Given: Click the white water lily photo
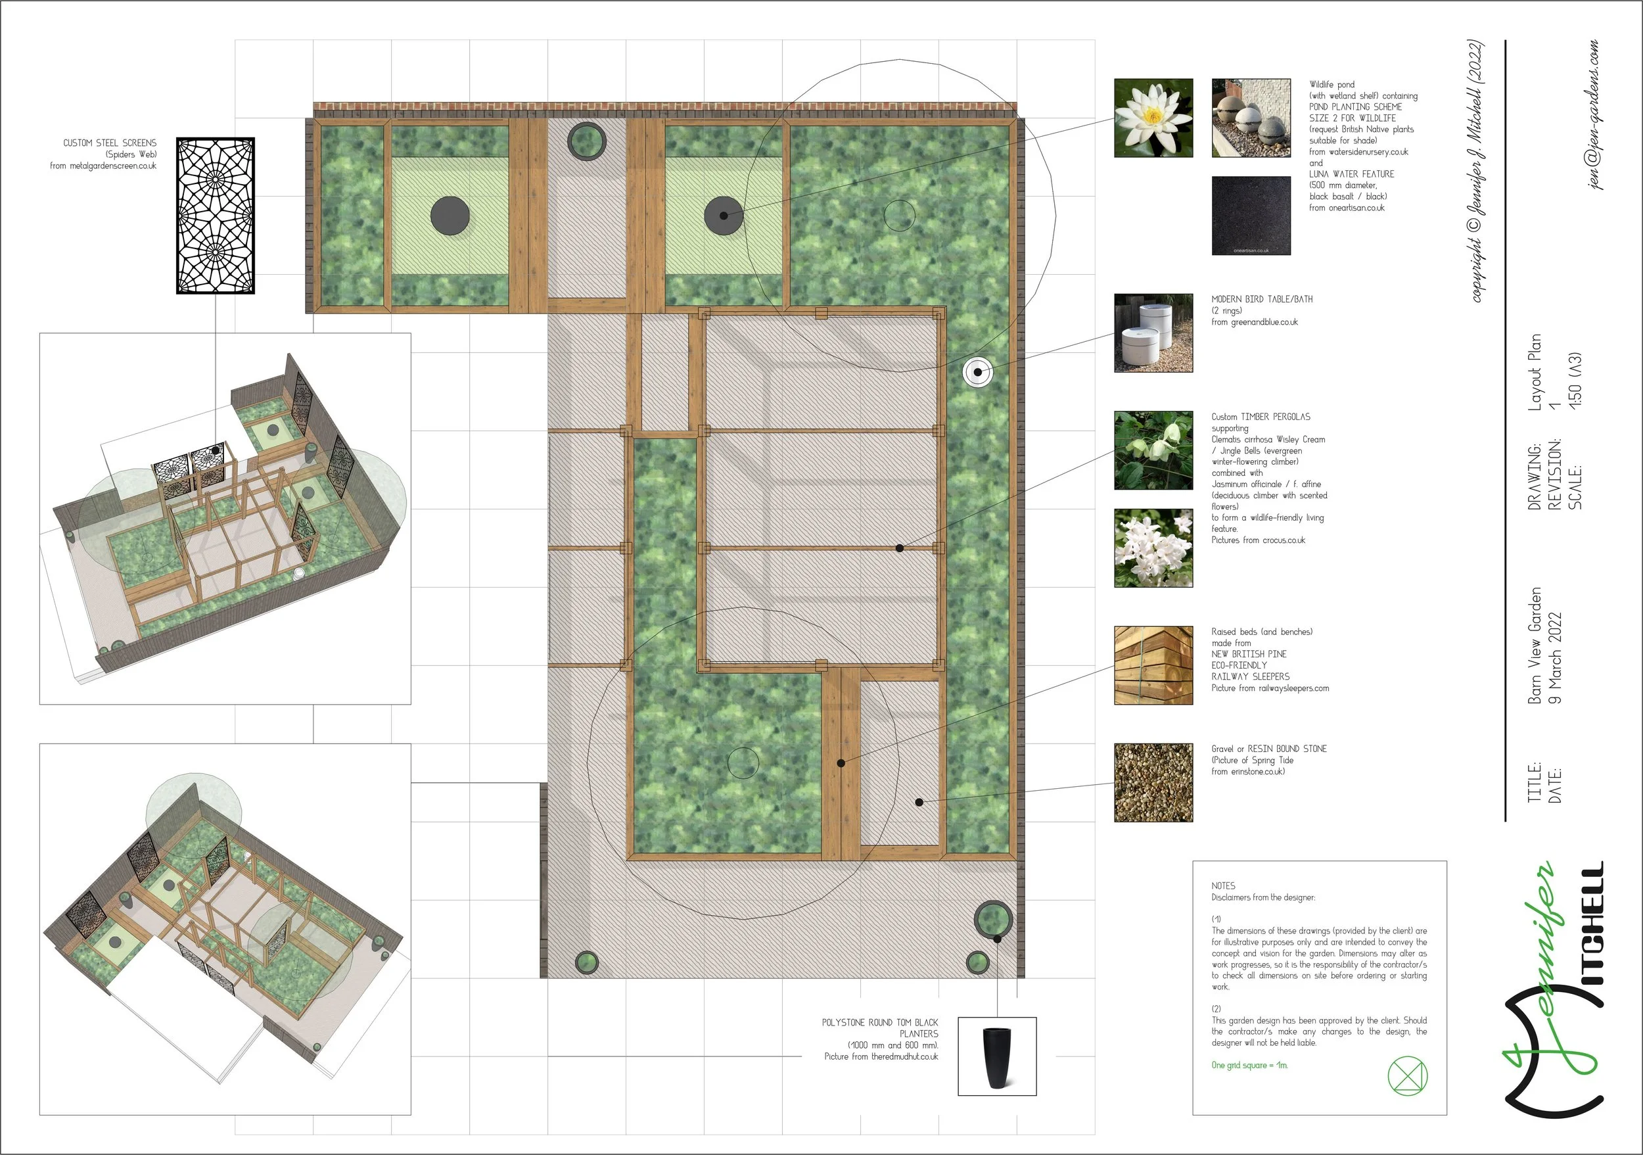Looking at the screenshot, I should coord(1153,118).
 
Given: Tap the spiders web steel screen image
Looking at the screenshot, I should coord(216,216).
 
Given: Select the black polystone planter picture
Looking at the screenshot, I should coord(997,1056).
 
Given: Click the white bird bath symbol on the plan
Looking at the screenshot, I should coord(977,372).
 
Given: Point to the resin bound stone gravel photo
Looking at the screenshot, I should coord(1153,782).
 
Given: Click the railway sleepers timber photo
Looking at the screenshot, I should coord(1153,665).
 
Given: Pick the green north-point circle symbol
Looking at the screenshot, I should coord(1408,1076).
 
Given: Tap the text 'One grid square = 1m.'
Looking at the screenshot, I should coord(1249,1066).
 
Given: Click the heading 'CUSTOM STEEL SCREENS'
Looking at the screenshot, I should coord(110,143).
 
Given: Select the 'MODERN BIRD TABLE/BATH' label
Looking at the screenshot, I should coord(1262,299).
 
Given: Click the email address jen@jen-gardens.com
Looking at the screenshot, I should coord(1594,114).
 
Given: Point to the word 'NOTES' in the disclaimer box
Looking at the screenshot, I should coord(1223,886).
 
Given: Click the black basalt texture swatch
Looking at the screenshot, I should coord(1251,216).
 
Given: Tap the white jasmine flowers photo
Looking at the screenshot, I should coord(1153,548).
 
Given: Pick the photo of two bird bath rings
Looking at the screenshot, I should coord(1153,333).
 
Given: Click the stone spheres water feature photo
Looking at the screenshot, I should coord(1251,118).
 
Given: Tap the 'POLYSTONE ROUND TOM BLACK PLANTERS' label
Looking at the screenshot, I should coord(880,1028).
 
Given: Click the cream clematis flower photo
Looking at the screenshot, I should coord(1153,450).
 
